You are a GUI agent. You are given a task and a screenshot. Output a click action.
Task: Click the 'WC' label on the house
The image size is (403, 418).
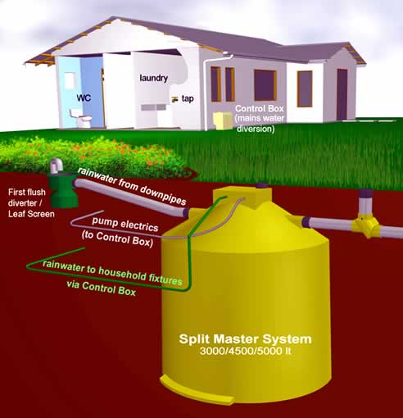click(84, 98)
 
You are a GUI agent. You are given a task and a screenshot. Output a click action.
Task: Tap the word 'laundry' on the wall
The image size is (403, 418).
click(154, 78)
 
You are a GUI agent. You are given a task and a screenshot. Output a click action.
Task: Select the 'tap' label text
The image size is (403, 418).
click(188, 98)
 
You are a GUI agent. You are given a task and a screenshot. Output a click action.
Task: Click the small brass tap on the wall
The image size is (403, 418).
click(174, 99)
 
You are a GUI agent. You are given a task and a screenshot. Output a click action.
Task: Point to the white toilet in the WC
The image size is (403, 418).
click(80, 118)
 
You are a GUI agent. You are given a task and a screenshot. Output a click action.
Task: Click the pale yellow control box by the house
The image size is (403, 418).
click(223, 120)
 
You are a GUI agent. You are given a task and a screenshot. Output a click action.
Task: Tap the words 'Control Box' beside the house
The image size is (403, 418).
click(260, 108)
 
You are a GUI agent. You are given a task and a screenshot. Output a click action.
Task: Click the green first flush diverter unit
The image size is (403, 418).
click(62, 189)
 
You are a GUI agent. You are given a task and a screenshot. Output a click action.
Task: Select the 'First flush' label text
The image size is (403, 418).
click(27, 192)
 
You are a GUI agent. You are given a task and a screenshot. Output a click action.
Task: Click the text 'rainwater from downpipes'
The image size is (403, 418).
click(132, 186)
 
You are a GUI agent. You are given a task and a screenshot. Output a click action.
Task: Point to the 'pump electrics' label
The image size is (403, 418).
click(125, 224)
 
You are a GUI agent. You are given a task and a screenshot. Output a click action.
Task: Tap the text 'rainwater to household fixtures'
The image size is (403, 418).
click(112, 273)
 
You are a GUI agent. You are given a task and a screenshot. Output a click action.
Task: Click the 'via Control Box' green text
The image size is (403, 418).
click(102, 289)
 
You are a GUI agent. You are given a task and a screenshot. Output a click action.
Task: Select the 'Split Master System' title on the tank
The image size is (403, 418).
click(245, 339)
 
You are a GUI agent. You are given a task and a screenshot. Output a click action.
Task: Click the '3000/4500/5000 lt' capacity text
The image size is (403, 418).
click(245, 351)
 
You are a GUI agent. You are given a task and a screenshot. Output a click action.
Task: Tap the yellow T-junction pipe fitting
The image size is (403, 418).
click(366, 225)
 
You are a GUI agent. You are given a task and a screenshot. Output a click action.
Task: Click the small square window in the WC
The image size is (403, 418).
click(70, 80)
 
